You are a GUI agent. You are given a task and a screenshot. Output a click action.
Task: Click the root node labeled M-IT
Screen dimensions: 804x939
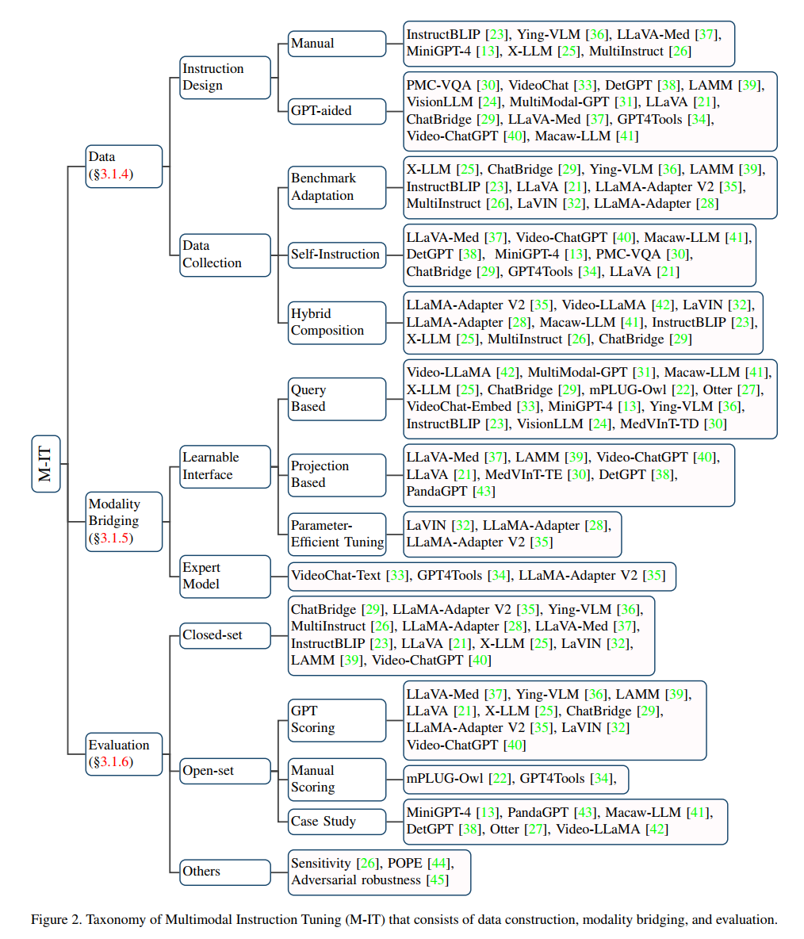(x=45, y=463)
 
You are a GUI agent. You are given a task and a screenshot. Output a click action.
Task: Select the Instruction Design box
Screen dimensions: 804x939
(x=225, y=77)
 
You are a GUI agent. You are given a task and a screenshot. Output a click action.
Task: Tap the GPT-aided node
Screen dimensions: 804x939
(x=336, y=110)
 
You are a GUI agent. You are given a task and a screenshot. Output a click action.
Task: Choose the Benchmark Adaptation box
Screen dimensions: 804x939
(x=336, y=187)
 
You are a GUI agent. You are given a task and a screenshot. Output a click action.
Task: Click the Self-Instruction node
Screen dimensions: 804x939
(x=336, y=255)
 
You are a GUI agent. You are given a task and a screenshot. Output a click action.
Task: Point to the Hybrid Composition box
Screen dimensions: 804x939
(x=336, y=322)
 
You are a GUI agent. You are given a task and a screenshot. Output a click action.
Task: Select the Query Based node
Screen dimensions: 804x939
(x=336, y=398)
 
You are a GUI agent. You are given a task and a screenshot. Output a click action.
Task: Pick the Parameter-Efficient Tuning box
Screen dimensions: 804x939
(x=336, y=534)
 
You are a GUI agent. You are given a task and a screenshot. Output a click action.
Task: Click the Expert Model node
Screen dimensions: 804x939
(x=225, y=576)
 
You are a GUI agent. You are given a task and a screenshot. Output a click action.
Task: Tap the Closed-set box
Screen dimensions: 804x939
(x=225, y=635)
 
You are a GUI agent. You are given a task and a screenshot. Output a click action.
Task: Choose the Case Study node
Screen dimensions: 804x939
(x=336, y=821)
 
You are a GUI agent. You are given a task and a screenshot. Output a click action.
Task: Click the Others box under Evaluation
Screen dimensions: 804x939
(x=225, y=872)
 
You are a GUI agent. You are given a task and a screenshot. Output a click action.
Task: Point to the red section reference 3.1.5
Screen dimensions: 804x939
(x=115, y=538)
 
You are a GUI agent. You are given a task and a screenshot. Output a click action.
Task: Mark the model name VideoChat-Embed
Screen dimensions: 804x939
(x=458, y=407)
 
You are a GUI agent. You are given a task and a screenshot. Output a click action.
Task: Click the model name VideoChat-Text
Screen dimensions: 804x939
(x=335, y=576)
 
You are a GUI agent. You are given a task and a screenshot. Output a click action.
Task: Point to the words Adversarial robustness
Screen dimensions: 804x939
(x=355, y=880)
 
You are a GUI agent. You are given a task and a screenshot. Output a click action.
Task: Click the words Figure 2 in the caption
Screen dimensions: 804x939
(x=56, y=920)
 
